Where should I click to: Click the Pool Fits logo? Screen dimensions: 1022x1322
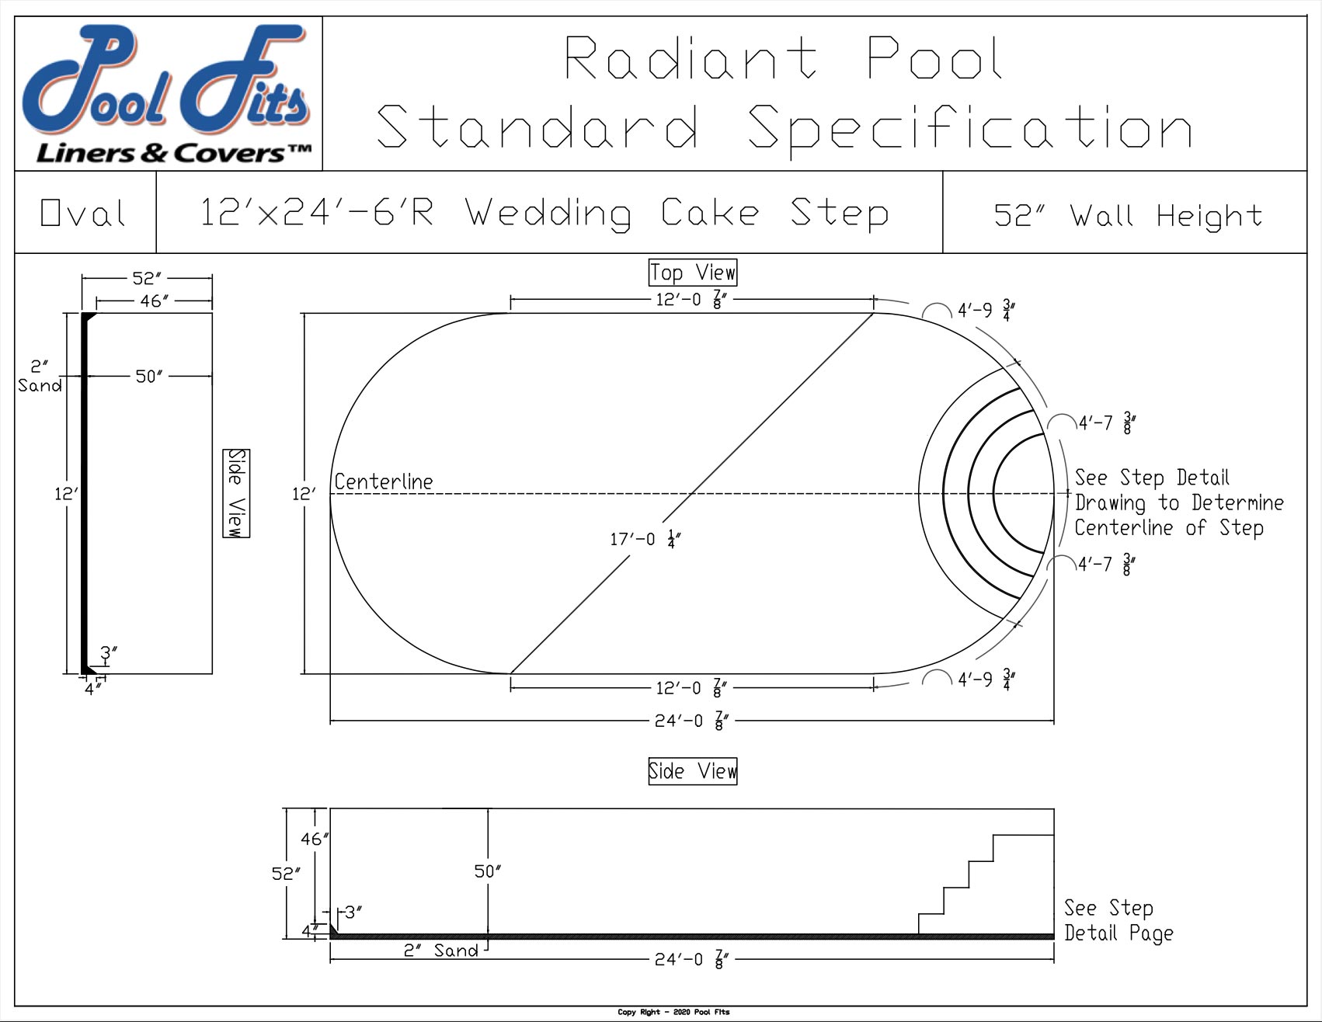click(168, 93)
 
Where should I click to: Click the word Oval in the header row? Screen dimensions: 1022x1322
click(82, 214)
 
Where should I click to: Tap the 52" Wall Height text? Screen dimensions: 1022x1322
click(1128, 215)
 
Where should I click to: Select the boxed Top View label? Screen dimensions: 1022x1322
click(692, 273)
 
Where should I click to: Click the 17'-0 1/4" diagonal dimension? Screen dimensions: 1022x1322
click(645, 538)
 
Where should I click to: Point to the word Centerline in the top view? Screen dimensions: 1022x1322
click(383, 481)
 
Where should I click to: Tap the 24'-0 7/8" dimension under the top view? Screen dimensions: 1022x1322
click(691, 721)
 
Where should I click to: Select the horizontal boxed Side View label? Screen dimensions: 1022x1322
click(692, 771)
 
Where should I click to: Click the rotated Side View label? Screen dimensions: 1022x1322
click(236, 492)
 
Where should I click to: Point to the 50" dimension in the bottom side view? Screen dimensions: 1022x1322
click(488, 871)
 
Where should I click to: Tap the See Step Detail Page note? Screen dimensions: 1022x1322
click(1117, 920)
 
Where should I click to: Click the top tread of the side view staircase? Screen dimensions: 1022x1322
click(1023, 835)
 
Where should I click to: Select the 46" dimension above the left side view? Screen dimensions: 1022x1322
click(154, 301)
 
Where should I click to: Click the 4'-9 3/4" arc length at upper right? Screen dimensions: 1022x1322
click(986, 311)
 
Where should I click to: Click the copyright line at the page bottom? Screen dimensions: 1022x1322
click(673, 1012)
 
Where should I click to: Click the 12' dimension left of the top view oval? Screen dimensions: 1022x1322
click(304, 493)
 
